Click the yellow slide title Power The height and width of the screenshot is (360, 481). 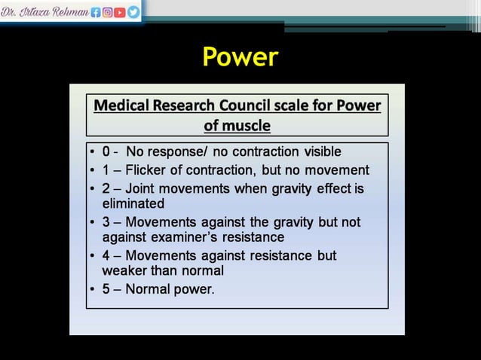(240, 56)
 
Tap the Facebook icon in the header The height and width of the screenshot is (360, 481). (96, 12)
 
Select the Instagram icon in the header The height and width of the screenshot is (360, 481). (108, 12)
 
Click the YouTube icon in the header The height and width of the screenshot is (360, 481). (121, 12)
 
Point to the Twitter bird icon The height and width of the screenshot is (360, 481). (133, 12)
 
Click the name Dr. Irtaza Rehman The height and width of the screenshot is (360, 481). (45, 12)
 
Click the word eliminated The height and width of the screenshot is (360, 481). (133, 203)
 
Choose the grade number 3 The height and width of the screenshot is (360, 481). (106, 222)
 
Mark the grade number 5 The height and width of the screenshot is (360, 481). (106, 288)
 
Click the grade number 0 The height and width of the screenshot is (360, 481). (106, 152)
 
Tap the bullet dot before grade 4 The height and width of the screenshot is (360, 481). (92, 256)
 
